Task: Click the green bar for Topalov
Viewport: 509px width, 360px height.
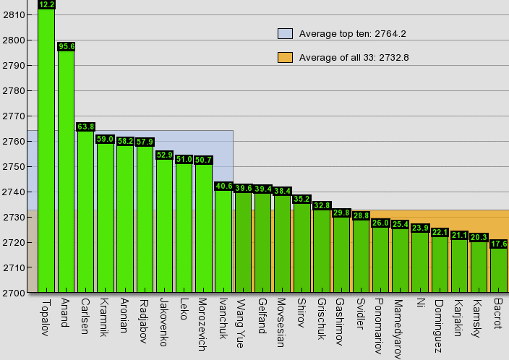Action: (x=46, y=152)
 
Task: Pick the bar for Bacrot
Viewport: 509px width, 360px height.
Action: (x=498, y=270)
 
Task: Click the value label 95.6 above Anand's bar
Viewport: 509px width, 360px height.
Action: (x=67, y=46)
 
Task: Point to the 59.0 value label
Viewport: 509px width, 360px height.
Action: (x=106, y=139)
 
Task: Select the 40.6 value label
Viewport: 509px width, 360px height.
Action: (x=223, y=186)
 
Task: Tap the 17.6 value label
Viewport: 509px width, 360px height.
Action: (x=498, y=244)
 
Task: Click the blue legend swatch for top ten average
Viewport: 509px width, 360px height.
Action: (x=285, y=33)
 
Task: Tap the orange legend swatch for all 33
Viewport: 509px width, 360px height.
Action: (x=285, y=58)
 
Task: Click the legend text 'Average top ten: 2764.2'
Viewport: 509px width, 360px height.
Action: (x=353, y=33)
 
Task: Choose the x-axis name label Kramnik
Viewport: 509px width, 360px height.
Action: (x=104, y=315)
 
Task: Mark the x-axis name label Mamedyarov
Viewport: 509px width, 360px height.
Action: (x=398, y=327)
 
